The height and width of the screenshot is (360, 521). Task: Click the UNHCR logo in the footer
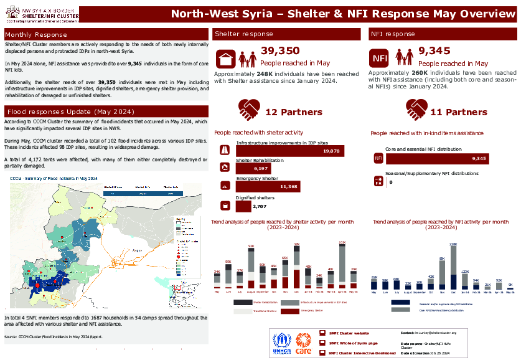pos(282,343)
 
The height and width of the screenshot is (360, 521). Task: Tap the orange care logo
pos(303,343)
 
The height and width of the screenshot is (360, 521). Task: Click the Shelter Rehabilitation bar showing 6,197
pos(254,169)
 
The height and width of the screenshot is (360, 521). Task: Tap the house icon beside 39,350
pos(225,59)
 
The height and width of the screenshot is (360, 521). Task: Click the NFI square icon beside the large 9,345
pos(380,59)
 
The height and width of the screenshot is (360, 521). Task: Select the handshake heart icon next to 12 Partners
pos(250,111)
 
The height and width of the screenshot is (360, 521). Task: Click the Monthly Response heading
pos(36,34)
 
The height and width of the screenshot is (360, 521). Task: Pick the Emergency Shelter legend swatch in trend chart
pos(289,310)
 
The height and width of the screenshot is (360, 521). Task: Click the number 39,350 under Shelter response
pos(280,51)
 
